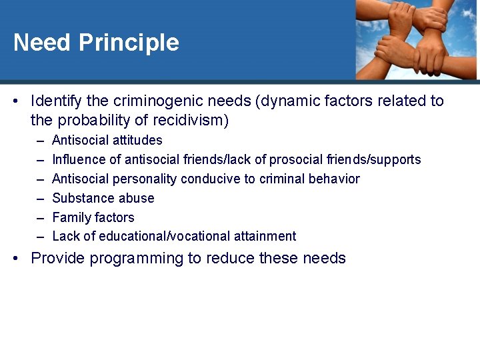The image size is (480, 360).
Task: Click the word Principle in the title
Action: tap(129, 43)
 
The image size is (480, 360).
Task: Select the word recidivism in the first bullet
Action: tap(191, 121)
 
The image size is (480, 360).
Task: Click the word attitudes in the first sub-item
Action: tap(132, 141)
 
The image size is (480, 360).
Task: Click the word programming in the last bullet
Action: tap(132, 259)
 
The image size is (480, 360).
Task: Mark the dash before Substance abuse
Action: tap(40, 199)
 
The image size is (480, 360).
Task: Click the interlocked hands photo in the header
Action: tap(416, 39)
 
